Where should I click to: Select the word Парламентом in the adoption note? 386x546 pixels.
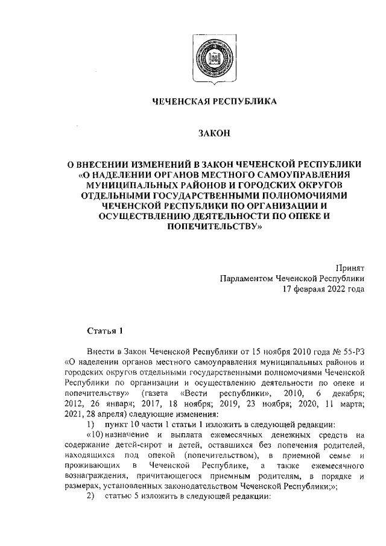pos(247,279)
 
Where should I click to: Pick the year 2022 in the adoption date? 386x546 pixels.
pos(337,290)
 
